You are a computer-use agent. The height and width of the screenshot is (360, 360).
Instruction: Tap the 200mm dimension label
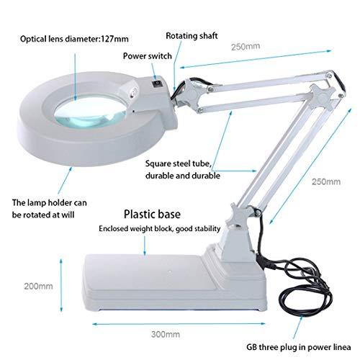(x=38, y=285)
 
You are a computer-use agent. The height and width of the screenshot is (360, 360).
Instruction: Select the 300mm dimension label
(x=166, y=335)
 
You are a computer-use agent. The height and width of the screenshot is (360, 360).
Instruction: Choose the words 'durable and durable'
(x=181, y=175)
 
